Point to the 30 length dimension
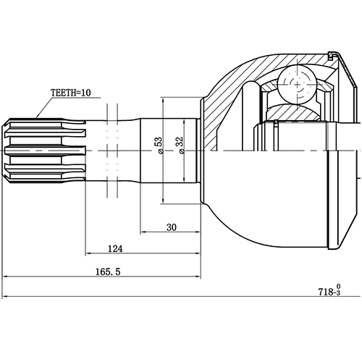pyautogui.click(x=172, y=227)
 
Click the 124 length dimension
pyautogui.click(x=114, y=248)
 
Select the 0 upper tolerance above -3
pyautogui.click(x=338, y=286)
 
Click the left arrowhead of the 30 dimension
pyautogui.click(x=143, y=232)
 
